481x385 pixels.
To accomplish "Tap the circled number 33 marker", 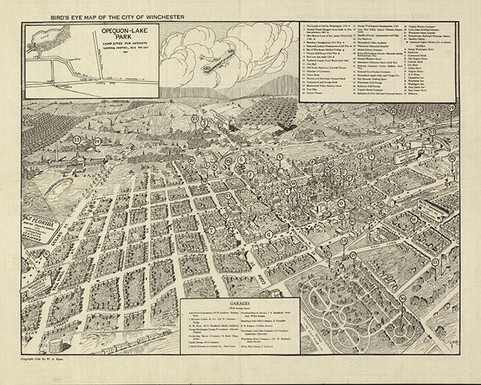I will pyautogui.click(x=77, y=139).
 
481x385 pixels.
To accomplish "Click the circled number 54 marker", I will pyautogui.click(x=468, y=107).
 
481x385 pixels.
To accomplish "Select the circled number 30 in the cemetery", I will pyautogui.click(x=402, y=298).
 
